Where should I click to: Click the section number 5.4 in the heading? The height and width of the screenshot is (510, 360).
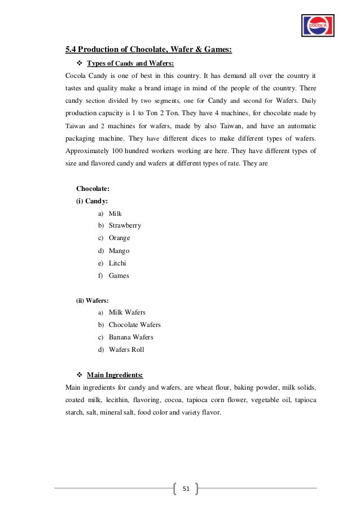[x=71, y=51]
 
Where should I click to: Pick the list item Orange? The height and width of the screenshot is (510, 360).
[x=119, y=238]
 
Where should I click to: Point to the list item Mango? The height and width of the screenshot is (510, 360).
[x=118, y=251]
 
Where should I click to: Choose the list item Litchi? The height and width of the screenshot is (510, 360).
[x=117, y=263]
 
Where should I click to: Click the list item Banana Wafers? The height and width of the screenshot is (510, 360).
[x=130, y=337]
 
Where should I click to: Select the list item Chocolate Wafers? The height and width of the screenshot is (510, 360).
[x=134, y=325]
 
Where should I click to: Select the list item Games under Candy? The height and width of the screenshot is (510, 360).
[x=118, y=276]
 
